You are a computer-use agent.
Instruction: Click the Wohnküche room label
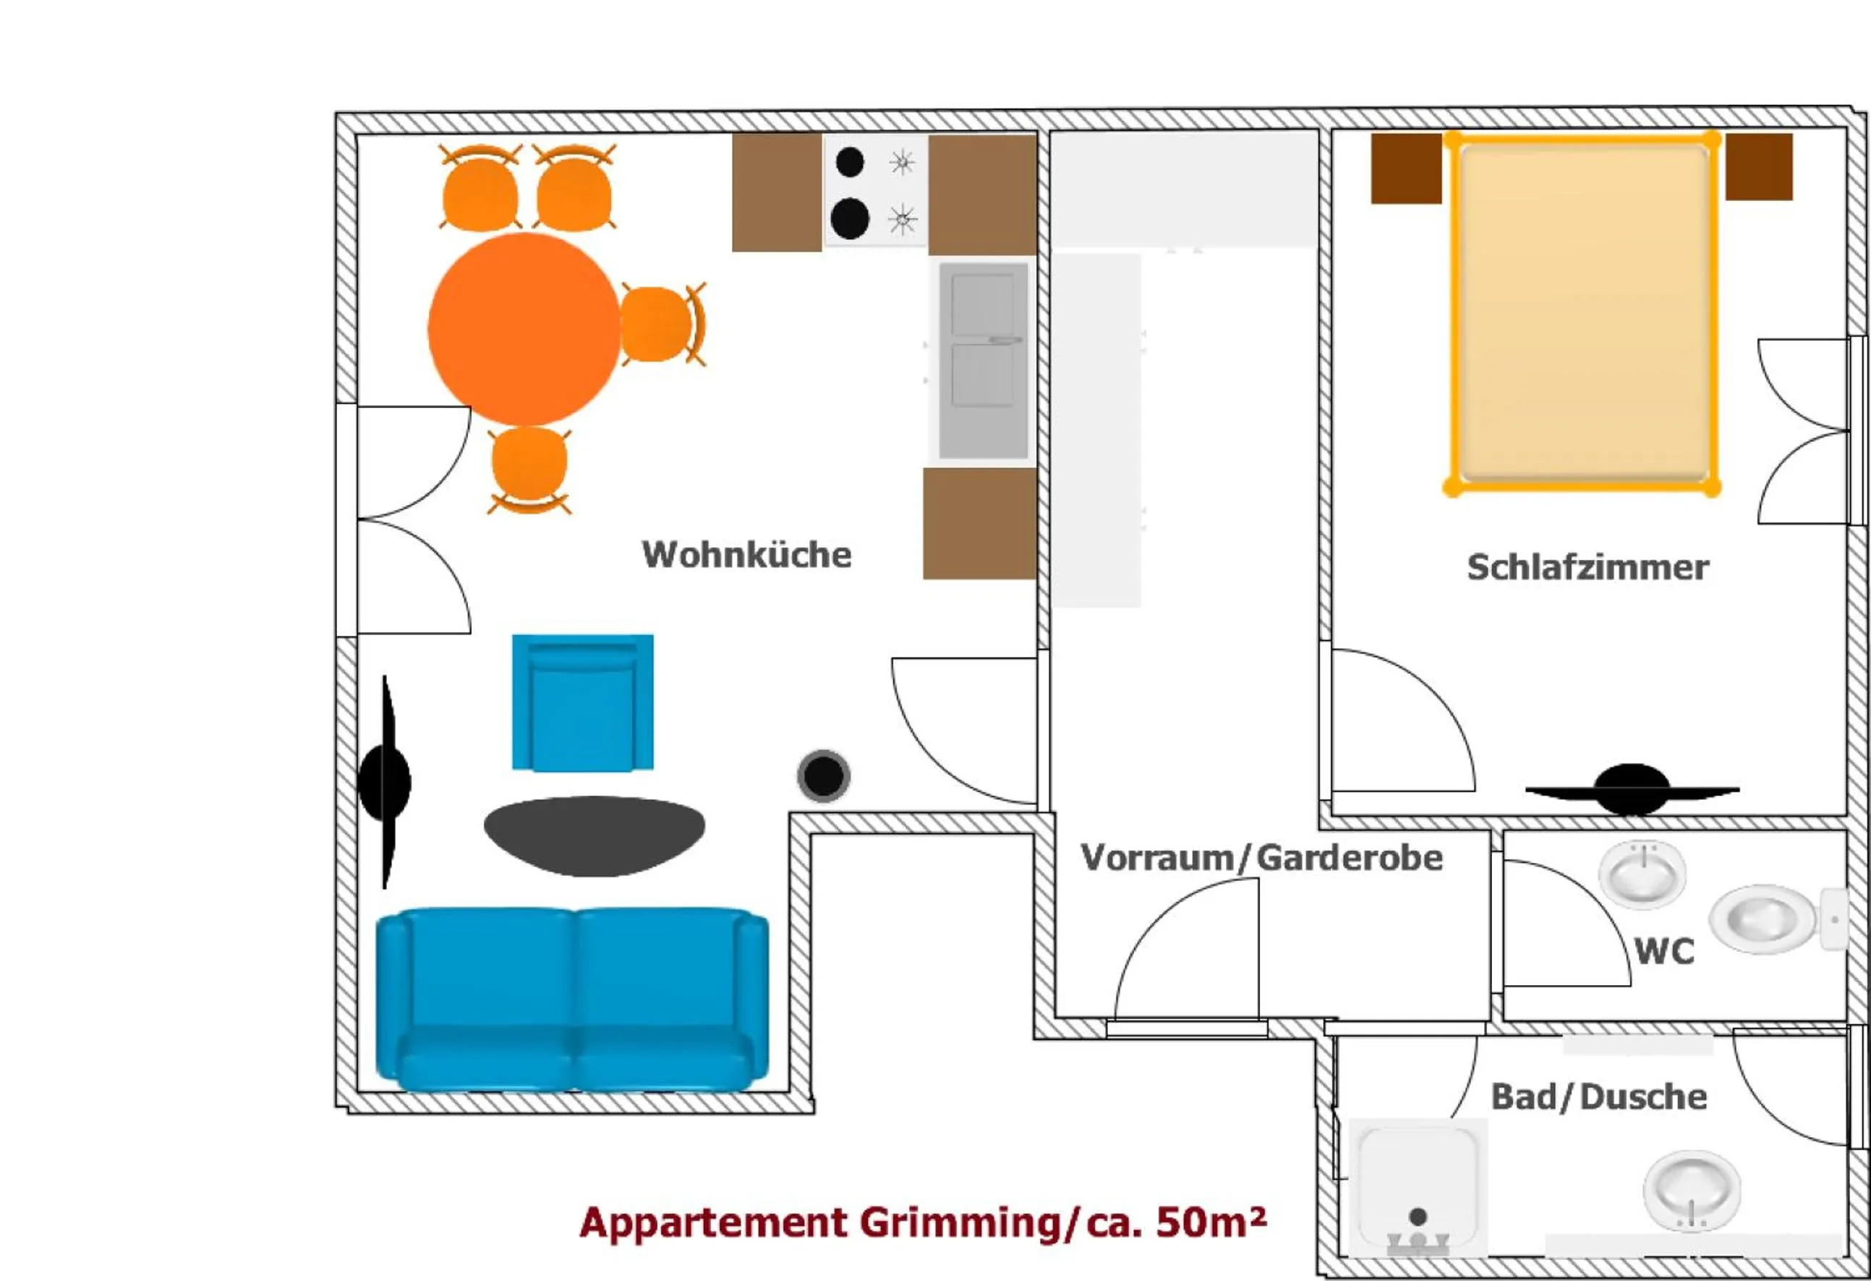click(746, 555)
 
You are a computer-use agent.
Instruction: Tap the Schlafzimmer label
click(1587, 568)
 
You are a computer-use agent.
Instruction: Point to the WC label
click(1664, 952)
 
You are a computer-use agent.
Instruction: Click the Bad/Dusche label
click(1598, 1097)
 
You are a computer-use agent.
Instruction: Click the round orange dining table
click(524, 328)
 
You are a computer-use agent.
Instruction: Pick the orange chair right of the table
click(659, 325)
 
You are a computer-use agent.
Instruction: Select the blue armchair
click(582, 702)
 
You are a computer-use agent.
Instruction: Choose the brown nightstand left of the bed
click(1406, 169)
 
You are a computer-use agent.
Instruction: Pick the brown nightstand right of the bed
click(1758, 166)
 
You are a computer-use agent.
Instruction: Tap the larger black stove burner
click(849, 218)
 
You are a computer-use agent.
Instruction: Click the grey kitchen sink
click(983, 360)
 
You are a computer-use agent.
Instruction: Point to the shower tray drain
click(1418, 1216)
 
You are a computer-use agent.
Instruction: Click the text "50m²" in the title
click(1210, 1222)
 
